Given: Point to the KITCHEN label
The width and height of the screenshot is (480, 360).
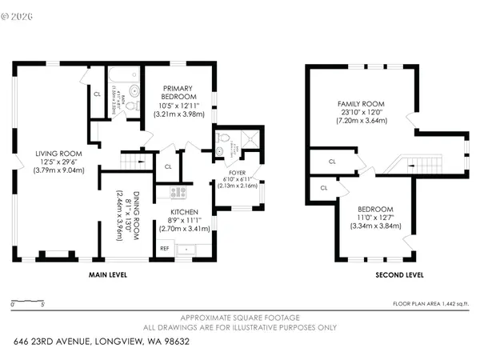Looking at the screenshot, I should coord(188,212).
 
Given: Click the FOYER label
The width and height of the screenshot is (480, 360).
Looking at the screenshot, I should coord(236,170).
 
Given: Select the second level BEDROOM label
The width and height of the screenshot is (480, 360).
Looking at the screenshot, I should coord(375,208).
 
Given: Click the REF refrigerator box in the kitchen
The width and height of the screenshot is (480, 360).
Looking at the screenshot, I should coord(165,249).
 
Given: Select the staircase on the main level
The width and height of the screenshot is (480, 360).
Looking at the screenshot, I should coord(134,161).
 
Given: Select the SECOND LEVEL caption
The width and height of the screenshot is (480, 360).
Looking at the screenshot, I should coord(399,275).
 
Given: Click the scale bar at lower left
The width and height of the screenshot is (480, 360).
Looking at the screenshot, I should coord(26,302).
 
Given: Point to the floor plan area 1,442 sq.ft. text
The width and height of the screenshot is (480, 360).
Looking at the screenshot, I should coord(430,304).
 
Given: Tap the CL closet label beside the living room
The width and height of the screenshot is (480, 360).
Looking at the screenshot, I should coord(97,94).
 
